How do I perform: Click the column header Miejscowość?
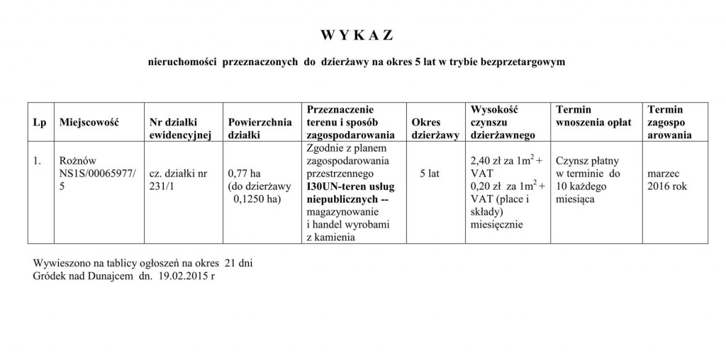click(x=88, y=123)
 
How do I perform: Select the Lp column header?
click(x=40, y=123)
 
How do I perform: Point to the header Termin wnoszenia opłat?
click(x=593, y=116)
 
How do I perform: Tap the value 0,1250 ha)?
click(x=257, y=199)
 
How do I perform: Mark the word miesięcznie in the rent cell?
click(x=496, y=225)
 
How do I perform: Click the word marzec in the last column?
click(x=664, y=172)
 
